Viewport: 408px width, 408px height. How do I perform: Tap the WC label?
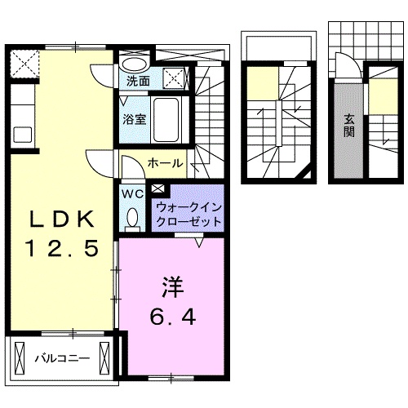(132, 194)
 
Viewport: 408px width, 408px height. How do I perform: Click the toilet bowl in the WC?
(133, 219)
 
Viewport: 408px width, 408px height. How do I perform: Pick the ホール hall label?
(165, 163)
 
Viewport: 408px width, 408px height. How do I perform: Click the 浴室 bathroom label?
(134, 119)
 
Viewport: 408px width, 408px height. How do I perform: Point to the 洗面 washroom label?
(137, 82)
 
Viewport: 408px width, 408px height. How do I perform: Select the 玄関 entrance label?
(348, 124)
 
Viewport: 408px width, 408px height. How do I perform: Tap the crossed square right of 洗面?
(175, 78)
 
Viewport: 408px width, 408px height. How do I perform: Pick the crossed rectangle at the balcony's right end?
(104, 356)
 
